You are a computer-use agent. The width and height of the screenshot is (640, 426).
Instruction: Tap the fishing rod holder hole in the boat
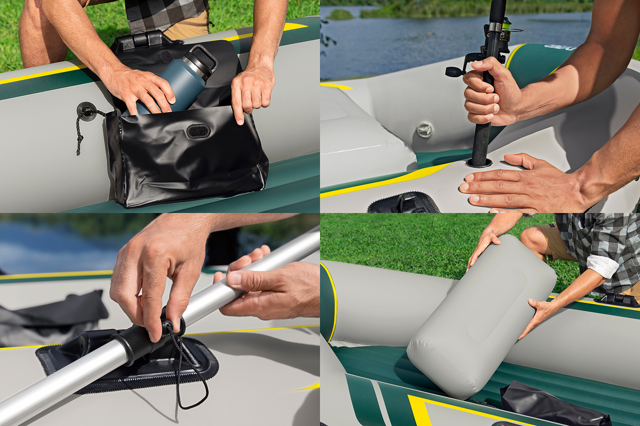pos(479,162)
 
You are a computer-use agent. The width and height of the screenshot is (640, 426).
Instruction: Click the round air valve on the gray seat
pos(425,129)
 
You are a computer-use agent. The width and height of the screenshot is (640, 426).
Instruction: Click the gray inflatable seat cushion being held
pos(482,315)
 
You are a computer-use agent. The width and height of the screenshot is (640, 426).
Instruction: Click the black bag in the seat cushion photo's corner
pos(555,405)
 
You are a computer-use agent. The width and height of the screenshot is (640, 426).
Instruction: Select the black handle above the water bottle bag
pos(141,40)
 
